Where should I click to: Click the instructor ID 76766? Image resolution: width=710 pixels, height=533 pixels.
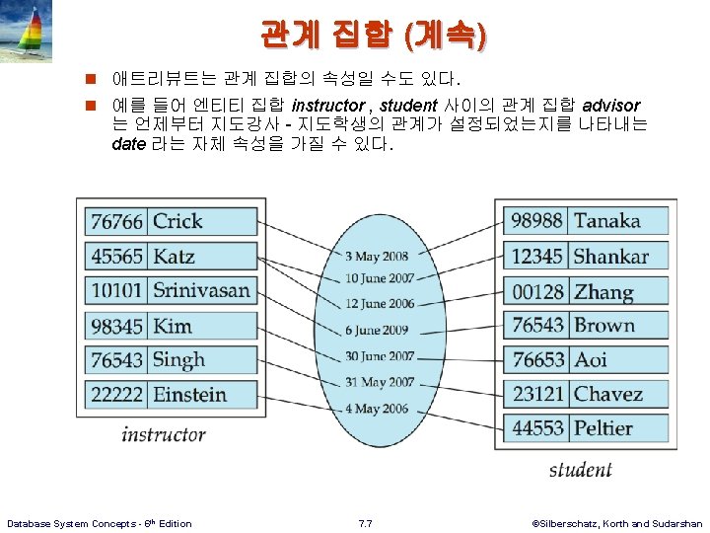pyautogui.click(x=116, y=222)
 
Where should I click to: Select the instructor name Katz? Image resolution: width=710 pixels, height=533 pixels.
pyautogui.click(x=174, y=257)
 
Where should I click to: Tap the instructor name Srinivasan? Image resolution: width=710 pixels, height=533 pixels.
pyautogui.click(x=201, y=291)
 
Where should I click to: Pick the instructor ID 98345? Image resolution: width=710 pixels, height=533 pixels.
pyautogui.click(x=116, y=326)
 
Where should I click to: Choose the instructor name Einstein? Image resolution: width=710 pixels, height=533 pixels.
pyautogui.click(x=189, y=395)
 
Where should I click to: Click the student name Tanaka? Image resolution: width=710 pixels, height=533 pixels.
pyautogui.click(x=607, y=221)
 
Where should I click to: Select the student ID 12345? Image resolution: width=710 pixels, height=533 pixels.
pyautogui.click(x=537, y=257)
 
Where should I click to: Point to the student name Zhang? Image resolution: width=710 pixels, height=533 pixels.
pyautogui.click(x=603, y=292)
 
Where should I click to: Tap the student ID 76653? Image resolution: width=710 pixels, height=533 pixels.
pyautogui.click(x=537, y=360)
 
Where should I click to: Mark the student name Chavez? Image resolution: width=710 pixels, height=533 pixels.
pyautogui.click(x=608, y=395)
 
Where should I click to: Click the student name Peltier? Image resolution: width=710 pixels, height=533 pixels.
pyautogui.click(x=603, y=428)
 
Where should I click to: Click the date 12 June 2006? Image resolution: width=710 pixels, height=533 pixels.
pyautogui.click(x=380, y=304)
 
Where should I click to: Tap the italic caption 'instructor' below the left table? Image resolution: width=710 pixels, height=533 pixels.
pyautogui.click(x=164, y=434)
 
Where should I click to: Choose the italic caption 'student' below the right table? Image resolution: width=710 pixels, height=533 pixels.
pyautogui.click(x=580, y=470)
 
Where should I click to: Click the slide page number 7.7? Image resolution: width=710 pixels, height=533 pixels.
pyautogui.click(x=365, y=523)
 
